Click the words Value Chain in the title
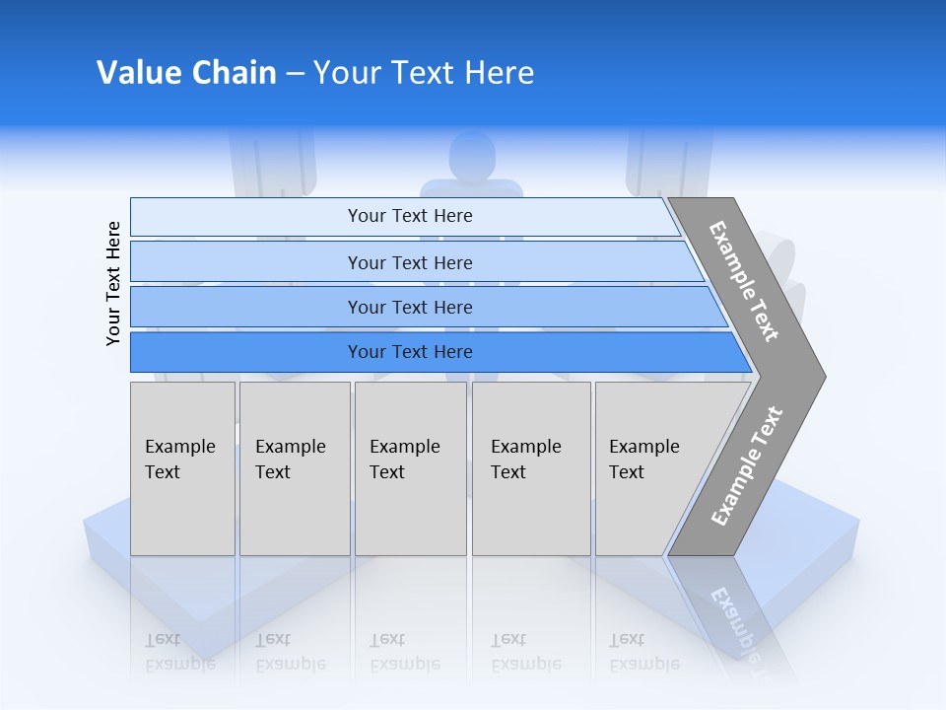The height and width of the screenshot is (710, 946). (186, 73)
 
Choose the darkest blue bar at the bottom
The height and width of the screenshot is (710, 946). (246, 352)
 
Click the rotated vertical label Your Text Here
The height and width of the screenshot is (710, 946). (113, 283)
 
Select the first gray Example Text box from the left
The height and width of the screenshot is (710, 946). (182, 468)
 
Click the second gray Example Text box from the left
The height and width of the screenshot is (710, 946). (295, 468)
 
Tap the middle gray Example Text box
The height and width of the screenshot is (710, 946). (410, 468)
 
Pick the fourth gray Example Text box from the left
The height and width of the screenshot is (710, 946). (531, 468)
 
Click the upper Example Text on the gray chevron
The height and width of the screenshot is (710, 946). (744, 281)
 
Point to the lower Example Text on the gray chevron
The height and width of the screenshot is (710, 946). (747, 466)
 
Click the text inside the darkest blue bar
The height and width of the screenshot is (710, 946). (410, 352)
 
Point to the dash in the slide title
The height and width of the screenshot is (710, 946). (295, 74)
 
